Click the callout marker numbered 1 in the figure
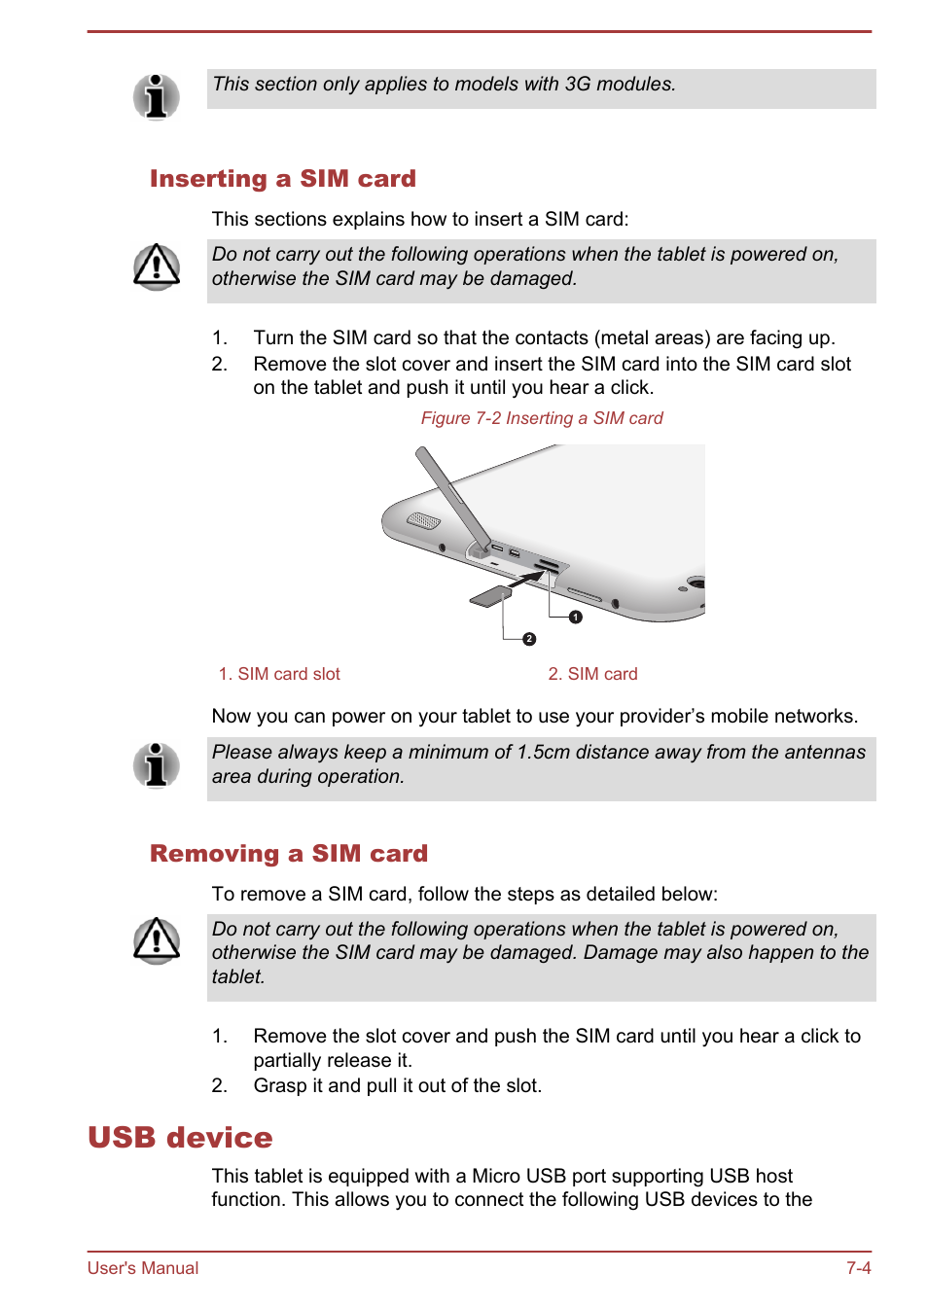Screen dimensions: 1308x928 click(x=576, y=617)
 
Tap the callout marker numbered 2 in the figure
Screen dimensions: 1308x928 click(x=529, y=639)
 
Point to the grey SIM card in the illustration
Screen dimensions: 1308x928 click(x=490, y=595)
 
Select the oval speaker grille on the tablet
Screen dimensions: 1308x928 click(x=423, y=520)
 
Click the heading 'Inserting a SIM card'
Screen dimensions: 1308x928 click(x=282, y=179)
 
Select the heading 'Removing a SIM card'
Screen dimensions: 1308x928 click(x=288, y=854)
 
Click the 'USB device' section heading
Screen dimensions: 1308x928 click(x=180, y=1137)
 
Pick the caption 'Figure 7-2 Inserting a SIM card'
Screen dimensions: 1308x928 click(x=541, y=418)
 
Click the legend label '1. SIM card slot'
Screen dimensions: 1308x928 click(x=279, y=674)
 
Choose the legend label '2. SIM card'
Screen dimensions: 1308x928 click(x=592, y=674)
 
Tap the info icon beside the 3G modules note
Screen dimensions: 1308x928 click(x=156, y=96)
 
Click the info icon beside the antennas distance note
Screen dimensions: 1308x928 click(x=156, y=764)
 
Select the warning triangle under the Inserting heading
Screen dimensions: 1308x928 click(x=156, y=266)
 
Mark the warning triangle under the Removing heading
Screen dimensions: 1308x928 click(x=156, y=940)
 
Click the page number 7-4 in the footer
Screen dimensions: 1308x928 click(x=858, y=1268)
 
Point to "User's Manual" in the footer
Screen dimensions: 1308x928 click(x=143, y=1268)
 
